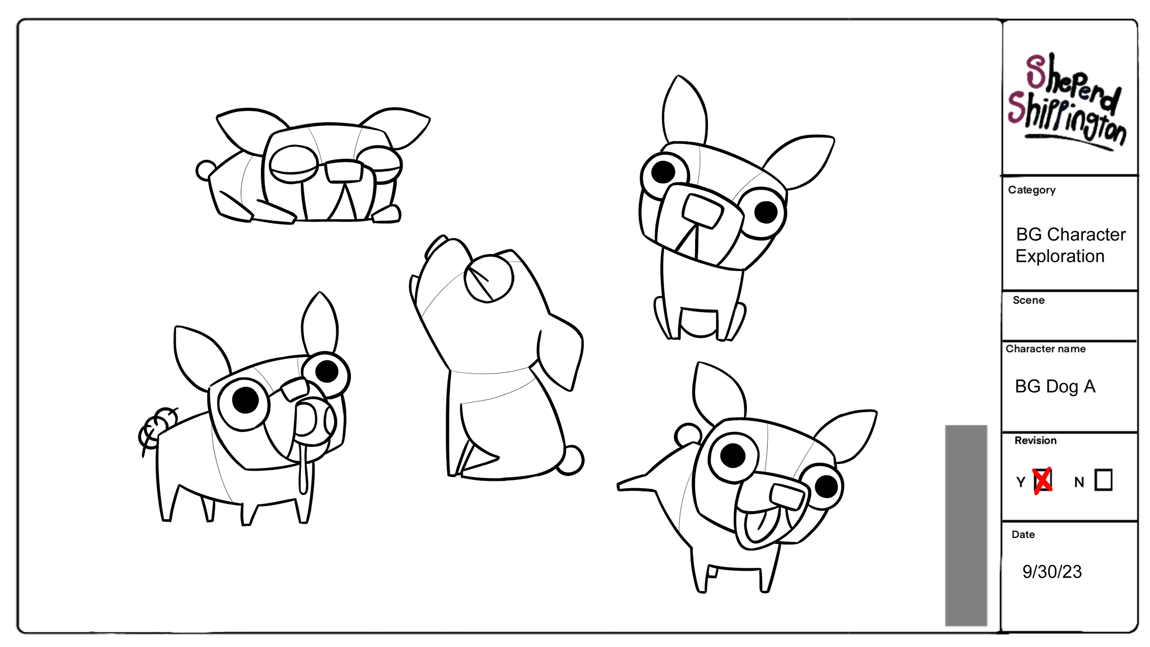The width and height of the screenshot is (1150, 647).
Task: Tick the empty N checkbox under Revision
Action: (1104, 480)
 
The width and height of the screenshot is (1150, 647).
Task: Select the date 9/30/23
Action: (1052, 572)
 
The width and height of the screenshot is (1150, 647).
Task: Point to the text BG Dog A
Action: (1055, 387)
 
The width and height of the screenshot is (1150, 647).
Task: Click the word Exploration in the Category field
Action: (1060, 256)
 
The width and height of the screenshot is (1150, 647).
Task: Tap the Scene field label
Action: (1029, 300)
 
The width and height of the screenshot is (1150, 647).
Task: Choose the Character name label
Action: (1046, 349)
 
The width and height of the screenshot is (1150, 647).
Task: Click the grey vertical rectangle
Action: (966, 525)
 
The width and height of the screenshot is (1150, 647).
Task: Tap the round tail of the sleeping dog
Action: (205, 171)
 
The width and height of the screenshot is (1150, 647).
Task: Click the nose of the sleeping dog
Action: (344, 171)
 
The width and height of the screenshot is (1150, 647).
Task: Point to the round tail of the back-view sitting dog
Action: (571, 460)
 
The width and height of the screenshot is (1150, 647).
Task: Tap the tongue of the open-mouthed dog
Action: (759, 525)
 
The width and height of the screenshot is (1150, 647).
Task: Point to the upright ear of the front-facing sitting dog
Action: (684, 110)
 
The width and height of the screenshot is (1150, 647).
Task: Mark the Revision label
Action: (1035, 440)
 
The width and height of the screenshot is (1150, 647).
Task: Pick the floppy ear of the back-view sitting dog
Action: (560, 352)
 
